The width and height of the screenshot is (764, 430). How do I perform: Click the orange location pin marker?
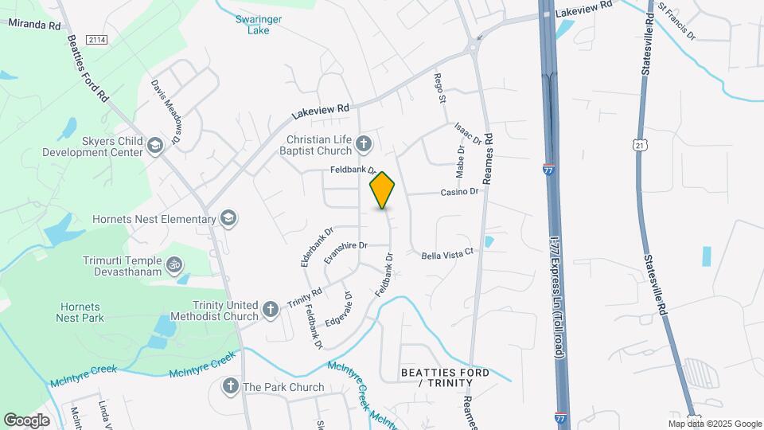(383, 190)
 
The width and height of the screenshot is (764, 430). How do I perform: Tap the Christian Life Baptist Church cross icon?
(364, 144)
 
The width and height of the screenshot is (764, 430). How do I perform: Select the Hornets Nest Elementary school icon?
(228, 218)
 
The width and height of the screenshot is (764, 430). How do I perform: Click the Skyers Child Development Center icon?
(154, 145)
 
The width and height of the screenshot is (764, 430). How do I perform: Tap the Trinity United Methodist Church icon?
(271, 310)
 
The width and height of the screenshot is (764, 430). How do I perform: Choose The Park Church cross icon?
(230, 387)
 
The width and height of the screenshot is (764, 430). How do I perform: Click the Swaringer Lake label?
(253, 25)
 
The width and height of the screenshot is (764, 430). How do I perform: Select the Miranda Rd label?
(33, 24)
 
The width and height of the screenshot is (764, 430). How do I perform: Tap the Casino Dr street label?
(460, 192)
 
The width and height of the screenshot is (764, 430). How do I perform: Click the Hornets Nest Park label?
(80, 312)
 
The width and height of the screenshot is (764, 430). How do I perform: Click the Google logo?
(26, 420)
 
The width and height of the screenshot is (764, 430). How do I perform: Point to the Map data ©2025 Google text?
(714, 424)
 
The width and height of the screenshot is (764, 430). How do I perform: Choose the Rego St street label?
(439, 88)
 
